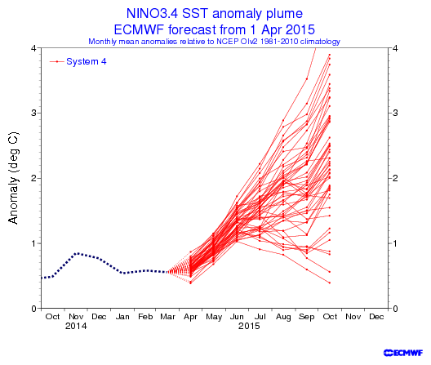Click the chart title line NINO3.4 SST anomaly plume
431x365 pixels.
[215, 14]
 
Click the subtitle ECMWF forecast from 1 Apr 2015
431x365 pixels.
[215, 29]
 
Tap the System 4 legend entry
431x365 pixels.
[78, 61]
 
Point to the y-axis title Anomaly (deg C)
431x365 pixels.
[13, 178]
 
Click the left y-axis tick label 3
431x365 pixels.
[33, 113]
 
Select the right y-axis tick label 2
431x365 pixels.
[395, 178]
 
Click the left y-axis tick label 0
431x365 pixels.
[33, 309]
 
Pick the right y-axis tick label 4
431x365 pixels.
[395, 48]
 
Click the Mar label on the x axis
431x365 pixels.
[167, 317]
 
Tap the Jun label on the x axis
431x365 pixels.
[237, 317]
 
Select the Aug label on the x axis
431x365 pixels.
[283, 317]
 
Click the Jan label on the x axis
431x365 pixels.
[122, 317]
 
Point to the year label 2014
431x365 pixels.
[76, 327]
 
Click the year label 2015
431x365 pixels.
[249, 327]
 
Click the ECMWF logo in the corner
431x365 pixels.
[403, 353]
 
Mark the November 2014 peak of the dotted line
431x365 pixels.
[78, 253]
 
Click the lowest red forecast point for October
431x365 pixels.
[330, 283]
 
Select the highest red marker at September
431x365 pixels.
[307, 79]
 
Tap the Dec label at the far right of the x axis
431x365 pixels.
[376, 317]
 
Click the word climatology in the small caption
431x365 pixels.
[320, 42]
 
